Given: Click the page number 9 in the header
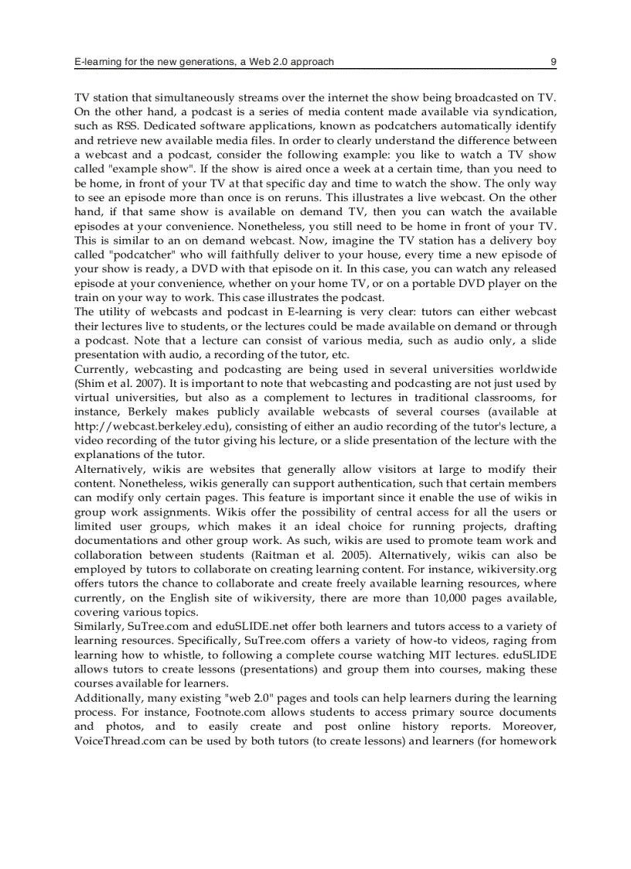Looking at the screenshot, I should pos(553,61).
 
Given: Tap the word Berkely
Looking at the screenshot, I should pos(145,412).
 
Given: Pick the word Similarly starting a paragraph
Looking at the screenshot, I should pos(97,627).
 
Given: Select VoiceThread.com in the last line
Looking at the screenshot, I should pos(126,741).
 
